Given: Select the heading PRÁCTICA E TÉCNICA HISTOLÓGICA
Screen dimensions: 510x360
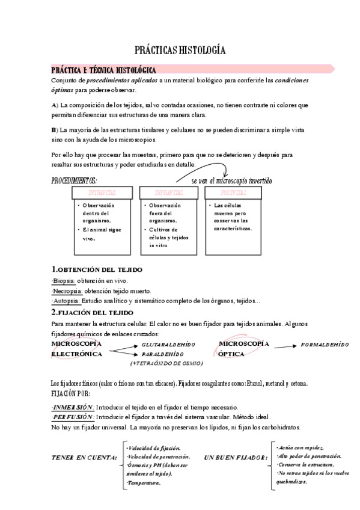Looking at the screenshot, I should (103, 70).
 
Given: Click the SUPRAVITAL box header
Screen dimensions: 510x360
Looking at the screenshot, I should (168, 192).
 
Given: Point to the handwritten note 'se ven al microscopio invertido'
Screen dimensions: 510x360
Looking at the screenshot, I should (231, 180).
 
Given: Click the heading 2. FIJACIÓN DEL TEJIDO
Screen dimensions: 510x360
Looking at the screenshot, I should (92, 313).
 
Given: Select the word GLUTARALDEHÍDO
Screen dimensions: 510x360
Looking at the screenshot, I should (168, 344).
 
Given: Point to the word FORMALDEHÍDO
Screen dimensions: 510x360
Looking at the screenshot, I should (325, 344).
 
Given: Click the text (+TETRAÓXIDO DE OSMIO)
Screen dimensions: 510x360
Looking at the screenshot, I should (166, 363).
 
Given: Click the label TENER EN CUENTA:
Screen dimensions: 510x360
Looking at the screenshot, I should (84, 458).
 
